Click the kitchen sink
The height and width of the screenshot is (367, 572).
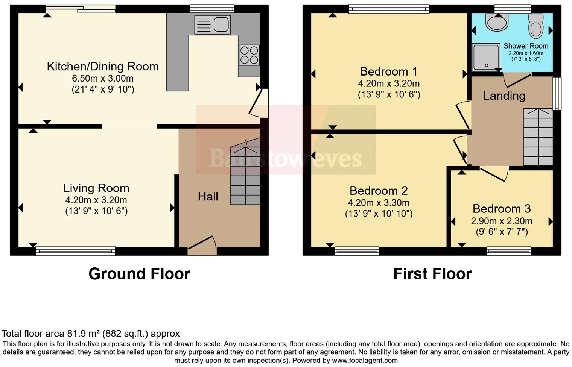213,25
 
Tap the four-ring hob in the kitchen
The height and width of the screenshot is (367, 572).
249,55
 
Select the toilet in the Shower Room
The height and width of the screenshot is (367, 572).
535,26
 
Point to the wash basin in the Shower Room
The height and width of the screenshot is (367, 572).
497,22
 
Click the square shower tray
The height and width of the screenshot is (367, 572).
486,57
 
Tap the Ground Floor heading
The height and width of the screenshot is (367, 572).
139,274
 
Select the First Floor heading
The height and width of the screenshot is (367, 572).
432,274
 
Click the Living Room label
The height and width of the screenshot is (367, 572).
96,188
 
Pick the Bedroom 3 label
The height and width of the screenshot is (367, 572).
502,208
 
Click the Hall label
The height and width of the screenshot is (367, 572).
208,196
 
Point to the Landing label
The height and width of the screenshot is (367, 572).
504,96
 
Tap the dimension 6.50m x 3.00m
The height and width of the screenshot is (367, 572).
103,79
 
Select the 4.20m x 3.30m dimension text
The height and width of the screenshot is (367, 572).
379,203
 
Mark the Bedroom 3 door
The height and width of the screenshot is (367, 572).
494,174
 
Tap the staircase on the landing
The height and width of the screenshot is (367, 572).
538,137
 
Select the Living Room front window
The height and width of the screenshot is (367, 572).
76,251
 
